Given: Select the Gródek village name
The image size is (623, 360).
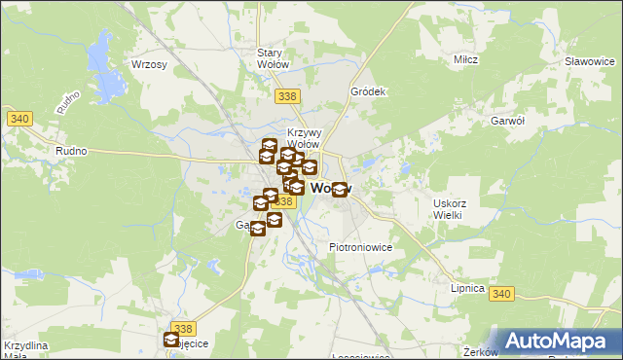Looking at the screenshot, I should click(x=369, y=92).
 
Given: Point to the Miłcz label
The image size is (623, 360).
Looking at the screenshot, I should click(x=464, y=60).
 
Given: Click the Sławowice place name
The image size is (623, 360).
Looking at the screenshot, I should click(x=589, y=60).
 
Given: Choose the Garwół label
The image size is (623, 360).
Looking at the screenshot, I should click(x=510, y=121).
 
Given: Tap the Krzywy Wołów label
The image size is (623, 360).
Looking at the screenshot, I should click(x=304, y=138).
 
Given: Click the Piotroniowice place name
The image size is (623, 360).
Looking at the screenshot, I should click(x=360, y=247).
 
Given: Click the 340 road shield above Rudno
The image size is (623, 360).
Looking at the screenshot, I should click(x=18, y=119).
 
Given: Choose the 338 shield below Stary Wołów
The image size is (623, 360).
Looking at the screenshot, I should click(x=287, y=95).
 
